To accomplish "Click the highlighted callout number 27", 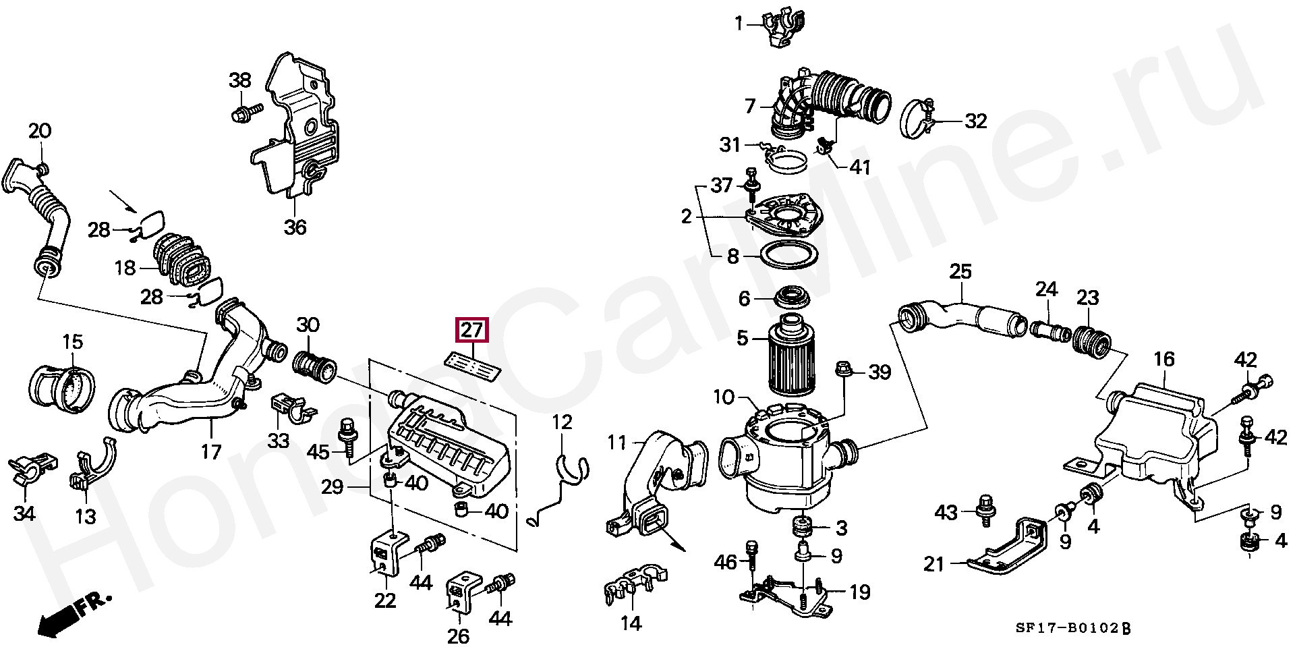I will pos(472,330).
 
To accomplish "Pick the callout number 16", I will pos(1164,359).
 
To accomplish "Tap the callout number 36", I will pos(295,227).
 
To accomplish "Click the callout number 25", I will pos(960,271).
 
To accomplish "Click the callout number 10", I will pos(724,397).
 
